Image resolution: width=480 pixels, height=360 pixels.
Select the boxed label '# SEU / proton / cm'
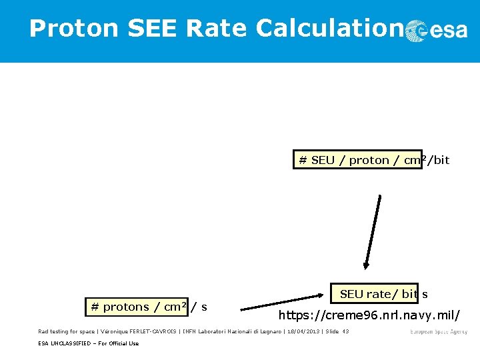357,160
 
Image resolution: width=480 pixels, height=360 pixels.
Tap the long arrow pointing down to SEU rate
373,231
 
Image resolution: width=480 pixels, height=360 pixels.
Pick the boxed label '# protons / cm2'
137,307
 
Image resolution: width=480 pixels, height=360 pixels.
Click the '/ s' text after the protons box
199,307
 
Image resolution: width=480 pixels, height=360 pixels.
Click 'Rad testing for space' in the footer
67,331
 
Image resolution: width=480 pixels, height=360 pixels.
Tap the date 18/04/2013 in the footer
304,331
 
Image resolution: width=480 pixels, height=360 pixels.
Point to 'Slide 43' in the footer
337,331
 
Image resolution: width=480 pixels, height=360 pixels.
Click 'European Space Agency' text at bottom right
438,331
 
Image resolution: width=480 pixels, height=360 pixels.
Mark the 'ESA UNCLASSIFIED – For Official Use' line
89,343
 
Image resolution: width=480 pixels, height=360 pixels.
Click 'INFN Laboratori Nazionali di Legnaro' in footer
227,331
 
